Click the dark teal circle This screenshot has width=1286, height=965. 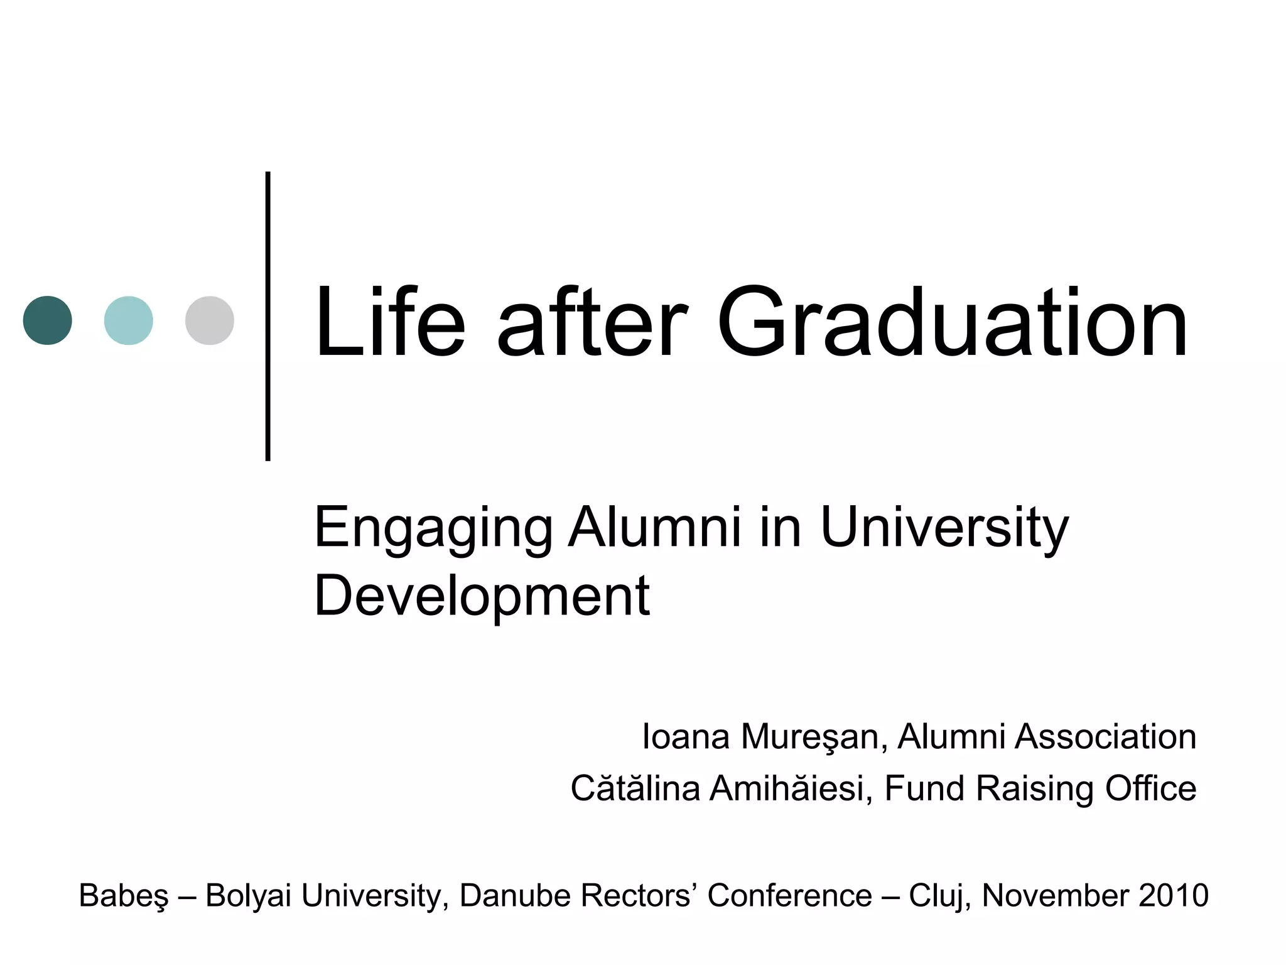coord(48,320)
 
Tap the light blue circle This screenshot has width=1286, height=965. coord(129,320)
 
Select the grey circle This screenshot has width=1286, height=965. coord(210,320)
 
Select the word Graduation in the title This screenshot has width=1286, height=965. coord(952,323)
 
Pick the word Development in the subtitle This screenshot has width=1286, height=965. coord(482,596)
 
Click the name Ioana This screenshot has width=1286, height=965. coord(686,736)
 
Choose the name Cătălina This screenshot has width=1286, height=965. coord(635,788)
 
